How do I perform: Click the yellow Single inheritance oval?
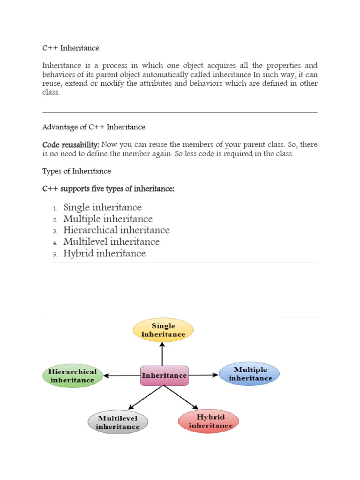pyautogui.click(x=163, y=330)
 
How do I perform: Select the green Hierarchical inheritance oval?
pyautogui.click(x=73, y=376)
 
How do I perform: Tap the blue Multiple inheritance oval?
pyautogui.click(x=249, y=374)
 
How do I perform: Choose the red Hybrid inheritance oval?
pyautogui.click(x=209, y=421)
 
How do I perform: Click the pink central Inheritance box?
pyautogui.click(x=165, y=375)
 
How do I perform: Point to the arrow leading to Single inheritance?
pyautogui.click(x=163, y=354)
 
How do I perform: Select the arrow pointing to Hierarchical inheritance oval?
pyautogui.click(x=122, y=375)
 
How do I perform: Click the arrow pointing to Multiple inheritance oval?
pyautogui.click(x=204, y=375)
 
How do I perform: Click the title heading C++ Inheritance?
pyautogui.click(x=71, y=48)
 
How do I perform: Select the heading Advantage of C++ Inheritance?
pyautogui.click(x=94, y=127)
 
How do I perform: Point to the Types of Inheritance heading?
pyautogui.click(x=76, y=171)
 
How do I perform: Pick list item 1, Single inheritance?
pyautogui.click(x=103, y=207)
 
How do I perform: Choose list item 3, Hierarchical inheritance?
pyautogui.click(x=116, y=230)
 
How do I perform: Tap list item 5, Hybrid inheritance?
pyautogui.click(x=105, y=254)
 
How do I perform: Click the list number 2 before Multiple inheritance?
pyautogui.click(x=55, y=220)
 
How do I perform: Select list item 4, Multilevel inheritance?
pyautogui.click(x=112, y=242)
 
